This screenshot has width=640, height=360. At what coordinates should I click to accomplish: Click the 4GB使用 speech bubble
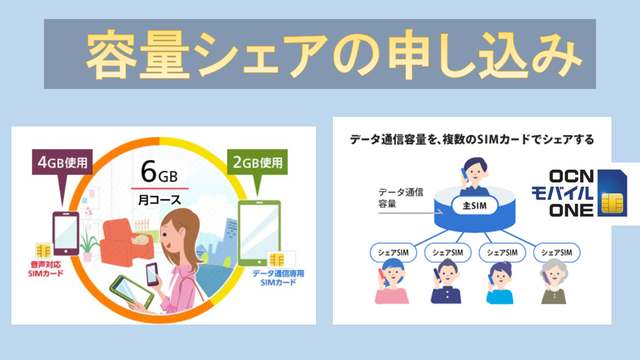[62, 163]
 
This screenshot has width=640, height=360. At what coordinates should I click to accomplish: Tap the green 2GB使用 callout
[257, 163]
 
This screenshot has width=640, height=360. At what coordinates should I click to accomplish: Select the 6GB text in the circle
[159, 172]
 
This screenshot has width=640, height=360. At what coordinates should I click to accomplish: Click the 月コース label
[160, 200]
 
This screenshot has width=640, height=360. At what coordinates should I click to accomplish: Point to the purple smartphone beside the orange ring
[66, 233]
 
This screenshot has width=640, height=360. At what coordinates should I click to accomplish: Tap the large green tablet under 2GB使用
[259, 233]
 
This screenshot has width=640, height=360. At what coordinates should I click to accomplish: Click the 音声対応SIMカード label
[46, 269]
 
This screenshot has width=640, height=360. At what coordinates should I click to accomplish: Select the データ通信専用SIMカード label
[278, 278]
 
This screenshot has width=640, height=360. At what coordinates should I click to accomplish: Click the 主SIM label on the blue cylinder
[475, 206]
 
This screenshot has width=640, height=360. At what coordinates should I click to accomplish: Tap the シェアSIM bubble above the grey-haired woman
[557, 253]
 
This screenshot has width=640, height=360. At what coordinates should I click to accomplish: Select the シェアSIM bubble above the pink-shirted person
[393, 253]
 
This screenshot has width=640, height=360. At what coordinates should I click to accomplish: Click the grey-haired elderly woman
[554, 282]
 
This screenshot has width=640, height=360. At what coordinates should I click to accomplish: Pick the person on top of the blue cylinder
[474, 177]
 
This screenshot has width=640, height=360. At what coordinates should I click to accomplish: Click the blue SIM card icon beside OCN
[612, 193]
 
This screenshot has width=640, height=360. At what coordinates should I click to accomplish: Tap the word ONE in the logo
[571, 210]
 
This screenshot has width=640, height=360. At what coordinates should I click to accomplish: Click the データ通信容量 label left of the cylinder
[400, 198]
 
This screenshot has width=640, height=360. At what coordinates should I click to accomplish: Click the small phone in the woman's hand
[152, 274]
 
